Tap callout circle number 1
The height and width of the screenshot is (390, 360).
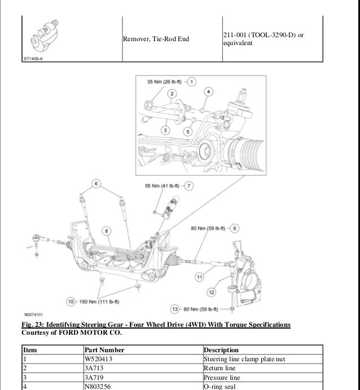click(x=192, y=82)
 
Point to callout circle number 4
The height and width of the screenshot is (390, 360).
click(x=208, y=91)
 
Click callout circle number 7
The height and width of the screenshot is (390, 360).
click(x=189, y=185)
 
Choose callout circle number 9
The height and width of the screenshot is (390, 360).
click(x=235, y=228)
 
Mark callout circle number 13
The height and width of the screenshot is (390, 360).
click(x=175, y=309)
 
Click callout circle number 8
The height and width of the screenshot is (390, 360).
click(x=107, y=230)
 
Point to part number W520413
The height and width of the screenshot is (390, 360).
click(x=98, y=358)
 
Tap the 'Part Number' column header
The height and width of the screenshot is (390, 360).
click(x=104, y=350)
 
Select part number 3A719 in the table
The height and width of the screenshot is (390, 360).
click(x=94, y=377)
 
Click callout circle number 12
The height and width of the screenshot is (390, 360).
click(x=212, y=292)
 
